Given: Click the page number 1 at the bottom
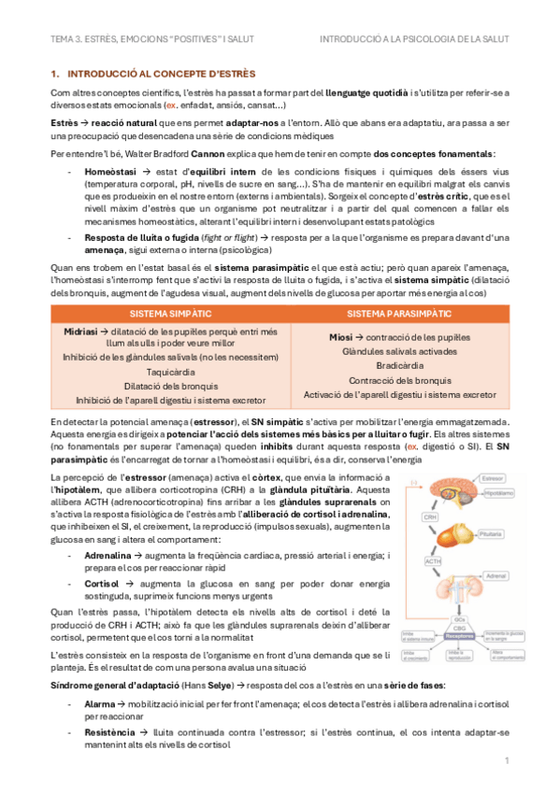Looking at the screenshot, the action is (x=506, y=762).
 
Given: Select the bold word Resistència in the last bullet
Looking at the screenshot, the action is (x=111, y=733).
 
